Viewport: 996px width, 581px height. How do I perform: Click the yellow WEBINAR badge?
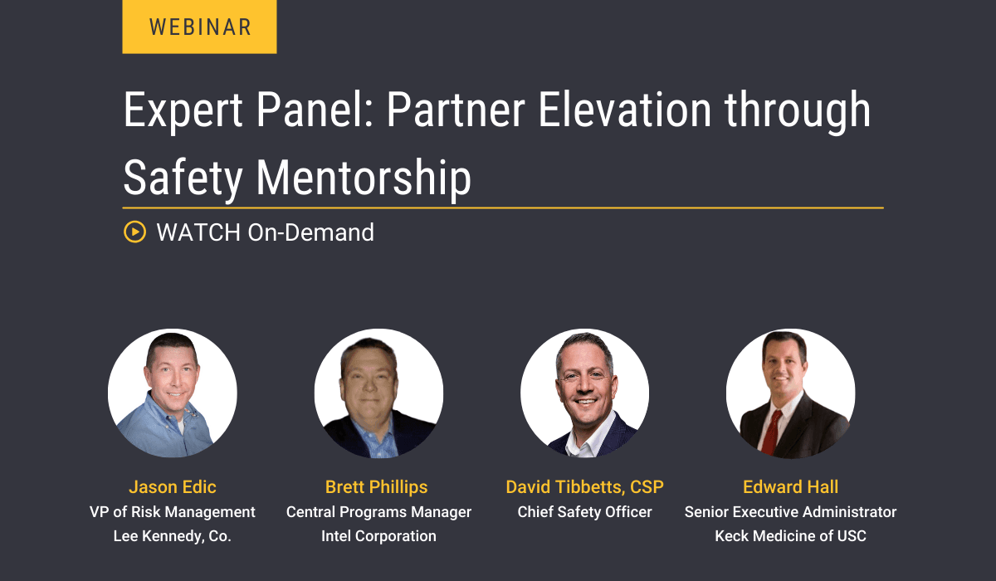(199, 27)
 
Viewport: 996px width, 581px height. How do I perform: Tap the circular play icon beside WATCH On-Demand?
(134, 232)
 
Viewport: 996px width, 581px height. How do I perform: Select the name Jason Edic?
(173, 486)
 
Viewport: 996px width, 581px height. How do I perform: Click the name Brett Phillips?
(378, 486)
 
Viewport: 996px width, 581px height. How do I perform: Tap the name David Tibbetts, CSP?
(584, 486)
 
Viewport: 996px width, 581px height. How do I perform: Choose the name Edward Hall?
(790, 486)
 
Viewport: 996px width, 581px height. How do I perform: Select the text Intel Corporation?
(378, 536)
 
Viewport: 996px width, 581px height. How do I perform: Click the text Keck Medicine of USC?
(790, 536)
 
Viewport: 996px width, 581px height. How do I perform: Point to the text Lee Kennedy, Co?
(173, 536)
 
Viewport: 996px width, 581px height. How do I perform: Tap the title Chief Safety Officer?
(584, 512)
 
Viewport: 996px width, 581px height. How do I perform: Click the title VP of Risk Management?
(173, 512)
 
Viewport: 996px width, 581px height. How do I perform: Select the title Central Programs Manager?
(378, 512)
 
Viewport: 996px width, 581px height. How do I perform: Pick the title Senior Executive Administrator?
(790, 512)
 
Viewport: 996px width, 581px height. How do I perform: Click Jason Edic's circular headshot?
(173, 393)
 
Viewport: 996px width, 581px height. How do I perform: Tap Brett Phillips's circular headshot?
(378, 393)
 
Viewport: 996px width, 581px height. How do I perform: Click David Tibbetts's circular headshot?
(584, 393)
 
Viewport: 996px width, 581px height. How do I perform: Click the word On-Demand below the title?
(311, 232)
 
